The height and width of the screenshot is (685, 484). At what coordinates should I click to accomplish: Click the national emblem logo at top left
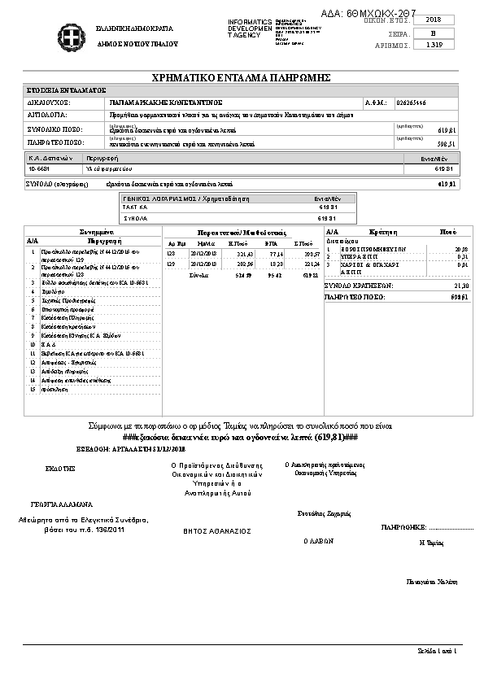point(69,34)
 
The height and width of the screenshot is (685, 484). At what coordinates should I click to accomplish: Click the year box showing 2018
point(434,20)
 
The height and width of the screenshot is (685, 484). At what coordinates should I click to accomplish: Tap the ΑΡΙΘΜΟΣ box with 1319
point(434,45)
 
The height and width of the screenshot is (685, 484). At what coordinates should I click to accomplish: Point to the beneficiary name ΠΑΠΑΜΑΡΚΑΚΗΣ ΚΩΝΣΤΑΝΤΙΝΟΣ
point(159,103)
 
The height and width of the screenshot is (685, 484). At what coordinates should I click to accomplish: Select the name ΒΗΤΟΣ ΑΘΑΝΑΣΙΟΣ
point(216,530)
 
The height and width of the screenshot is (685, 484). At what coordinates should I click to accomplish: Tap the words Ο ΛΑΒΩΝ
point(318,540)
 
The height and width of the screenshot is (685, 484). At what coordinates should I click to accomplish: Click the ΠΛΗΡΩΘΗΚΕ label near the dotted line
point(399,527)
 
